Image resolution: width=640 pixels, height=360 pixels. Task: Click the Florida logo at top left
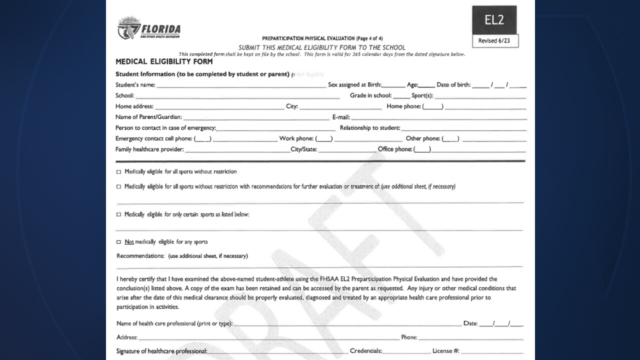point(148,28)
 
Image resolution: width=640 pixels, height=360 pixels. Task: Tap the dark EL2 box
point(494,20)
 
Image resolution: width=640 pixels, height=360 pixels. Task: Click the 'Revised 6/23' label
point(494,41)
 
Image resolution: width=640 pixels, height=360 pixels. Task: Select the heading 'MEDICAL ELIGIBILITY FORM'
point(164,62)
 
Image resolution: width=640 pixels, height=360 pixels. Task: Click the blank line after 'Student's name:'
point(241,85)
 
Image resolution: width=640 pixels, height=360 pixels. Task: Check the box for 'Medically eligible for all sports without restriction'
point(119,172)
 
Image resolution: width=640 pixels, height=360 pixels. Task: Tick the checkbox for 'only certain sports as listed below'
point(119,214)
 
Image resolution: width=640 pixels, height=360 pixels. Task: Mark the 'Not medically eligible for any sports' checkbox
point(119,242)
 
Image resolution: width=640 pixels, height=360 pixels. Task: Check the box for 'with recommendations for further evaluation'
point(119,187)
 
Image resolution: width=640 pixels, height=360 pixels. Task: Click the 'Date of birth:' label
point(453,85)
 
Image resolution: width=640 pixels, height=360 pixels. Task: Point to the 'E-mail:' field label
point(341,117)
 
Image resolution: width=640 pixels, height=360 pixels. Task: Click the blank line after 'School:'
point(237,96)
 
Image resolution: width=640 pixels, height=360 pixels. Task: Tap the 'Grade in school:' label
point(370,95)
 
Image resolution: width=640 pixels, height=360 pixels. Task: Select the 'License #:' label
point(445,351)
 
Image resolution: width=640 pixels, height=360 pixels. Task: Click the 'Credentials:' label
point(366,351)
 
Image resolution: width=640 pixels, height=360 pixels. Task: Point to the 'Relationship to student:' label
point(370,128)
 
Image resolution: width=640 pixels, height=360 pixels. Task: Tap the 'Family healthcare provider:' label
point(149,149)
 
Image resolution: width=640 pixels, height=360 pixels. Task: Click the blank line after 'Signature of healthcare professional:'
point(278,351)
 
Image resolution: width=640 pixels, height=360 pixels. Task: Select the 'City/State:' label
point(303,149)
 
